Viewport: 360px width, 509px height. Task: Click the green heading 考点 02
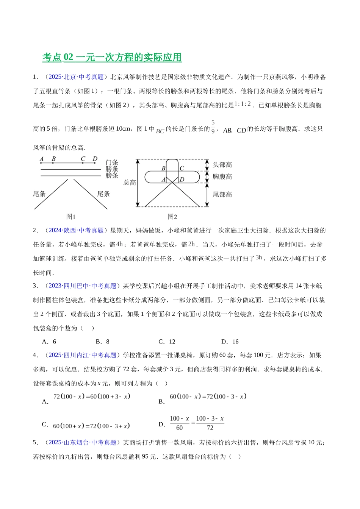(x=112, y=57)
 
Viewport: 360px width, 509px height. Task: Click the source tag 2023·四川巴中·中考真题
(x=83, y=286)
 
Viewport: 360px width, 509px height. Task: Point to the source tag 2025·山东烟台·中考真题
(x=83, y=442)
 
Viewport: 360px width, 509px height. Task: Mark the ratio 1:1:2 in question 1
(x=243, y=105)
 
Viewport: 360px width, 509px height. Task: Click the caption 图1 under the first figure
(x=71, y=217)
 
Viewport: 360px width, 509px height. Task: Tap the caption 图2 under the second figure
(x=172, y=217)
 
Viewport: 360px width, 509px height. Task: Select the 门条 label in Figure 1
(x=112, y=162)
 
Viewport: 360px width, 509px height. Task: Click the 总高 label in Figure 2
(x=130, y=183)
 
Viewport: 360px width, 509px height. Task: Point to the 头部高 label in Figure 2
(x=222, y=165)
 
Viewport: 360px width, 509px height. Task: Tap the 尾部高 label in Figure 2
(x=222, y=195)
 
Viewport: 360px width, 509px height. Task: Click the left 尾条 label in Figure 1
(x=39, y=194)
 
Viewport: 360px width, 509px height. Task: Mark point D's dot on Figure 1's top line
(x=94, y=163)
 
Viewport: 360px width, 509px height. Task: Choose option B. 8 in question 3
(x=102, y=342)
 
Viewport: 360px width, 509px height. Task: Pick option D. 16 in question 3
(x=230, y=342)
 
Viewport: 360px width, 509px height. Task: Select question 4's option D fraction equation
(x=196, y=423)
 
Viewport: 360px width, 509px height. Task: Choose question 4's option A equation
(x=91, y=397)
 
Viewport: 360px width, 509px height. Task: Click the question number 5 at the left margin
(x=35, y=442)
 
